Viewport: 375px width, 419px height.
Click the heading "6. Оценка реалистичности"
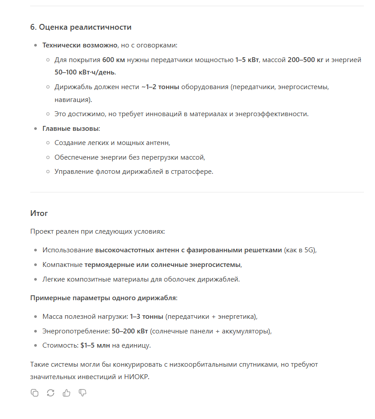tap(81, 27)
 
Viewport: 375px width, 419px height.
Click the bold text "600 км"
tap(114, 59)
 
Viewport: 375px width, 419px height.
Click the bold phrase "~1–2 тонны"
tap(160, 87)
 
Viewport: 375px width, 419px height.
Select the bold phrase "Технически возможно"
tap(80, 45)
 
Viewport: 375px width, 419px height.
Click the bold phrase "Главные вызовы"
tap(71, 129)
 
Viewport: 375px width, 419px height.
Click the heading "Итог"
tap(39, 213)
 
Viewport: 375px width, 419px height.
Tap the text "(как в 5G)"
tap(300, 250)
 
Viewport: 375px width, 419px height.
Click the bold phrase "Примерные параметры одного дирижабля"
tap(103, 298)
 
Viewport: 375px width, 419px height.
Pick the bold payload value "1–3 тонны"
tap(146, 317)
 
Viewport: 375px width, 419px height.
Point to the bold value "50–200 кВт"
tap(130, 331)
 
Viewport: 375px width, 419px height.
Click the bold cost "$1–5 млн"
tap(95, 345)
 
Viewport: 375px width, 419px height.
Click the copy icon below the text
tap(35, 393)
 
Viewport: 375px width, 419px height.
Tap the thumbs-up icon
tap(67, 393)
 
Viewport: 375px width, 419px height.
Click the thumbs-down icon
tap(83, 393)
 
